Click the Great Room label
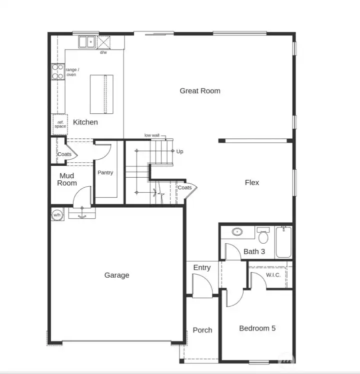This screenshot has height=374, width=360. click(x=200, y=91)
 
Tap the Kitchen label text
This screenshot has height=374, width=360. click(x=85, y=122)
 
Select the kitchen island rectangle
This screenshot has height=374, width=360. click(x=101, y=94)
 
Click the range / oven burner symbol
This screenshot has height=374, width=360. click(x=58, y=72)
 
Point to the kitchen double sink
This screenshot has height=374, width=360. click(x=87, y=42)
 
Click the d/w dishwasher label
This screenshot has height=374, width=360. click(x=103, y=52)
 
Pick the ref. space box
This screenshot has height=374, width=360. click(x=60, y=124)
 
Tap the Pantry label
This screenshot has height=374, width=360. click(x=105, y=173)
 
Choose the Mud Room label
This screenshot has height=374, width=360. click(x=67, y=179)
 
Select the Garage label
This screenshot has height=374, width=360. click(x=117, y=275)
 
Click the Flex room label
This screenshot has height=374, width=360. click(x=252, y=183)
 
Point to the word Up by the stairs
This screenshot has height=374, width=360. click(x=180, y=151)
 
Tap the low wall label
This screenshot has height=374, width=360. click(x=152, y=135)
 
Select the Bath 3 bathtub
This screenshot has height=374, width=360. click(x=283, y=243)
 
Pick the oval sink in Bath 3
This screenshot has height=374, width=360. click(x=237, y=232)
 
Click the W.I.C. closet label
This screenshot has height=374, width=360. click(x=273, y=275)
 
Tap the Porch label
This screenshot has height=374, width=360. click(x=202, y=330)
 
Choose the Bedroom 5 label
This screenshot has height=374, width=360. click(x=257, y=329)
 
